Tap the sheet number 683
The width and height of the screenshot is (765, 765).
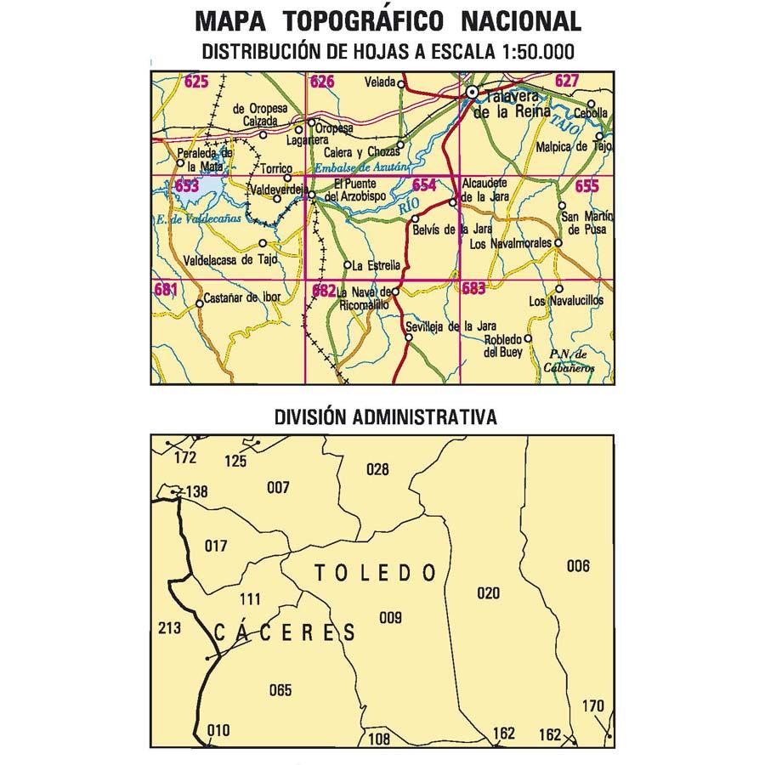coord(473,289)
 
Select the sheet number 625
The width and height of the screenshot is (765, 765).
coord(195,82)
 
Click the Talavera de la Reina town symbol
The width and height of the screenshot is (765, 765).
coord(472,93)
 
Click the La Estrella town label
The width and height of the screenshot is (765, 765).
coord(377,265)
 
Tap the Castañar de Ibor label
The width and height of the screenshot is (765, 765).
coord(243,299)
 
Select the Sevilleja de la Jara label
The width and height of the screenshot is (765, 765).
coord(450,326)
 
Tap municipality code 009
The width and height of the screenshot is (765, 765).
coord(390,617)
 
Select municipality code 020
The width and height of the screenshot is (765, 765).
coord(488,593)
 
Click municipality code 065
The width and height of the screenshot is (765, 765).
coord(280,689)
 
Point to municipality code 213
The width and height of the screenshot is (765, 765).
coord(170,628)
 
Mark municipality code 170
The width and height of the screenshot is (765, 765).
coord(592,705)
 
